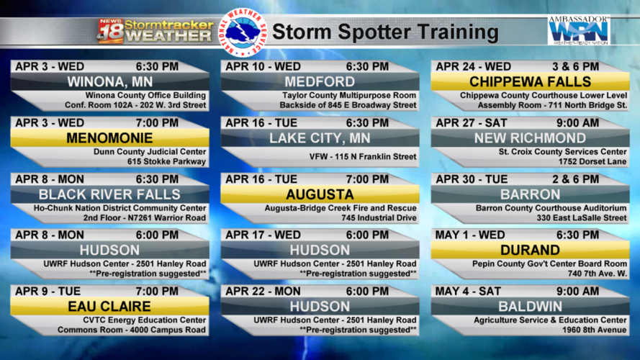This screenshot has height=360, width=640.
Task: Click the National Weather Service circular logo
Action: [245, 32]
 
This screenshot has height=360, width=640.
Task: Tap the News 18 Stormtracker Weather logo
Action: [156, 31]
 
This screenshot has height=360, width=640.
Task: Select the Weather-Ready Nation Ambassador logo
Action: [579, 30]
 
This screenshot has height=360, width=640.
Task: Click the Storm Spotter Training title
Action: [385, 32]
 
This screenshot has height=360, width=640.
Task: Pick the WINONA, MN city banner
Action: [109, 81]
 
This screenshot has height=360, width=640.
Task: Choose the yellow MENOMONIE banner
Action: [109, 138]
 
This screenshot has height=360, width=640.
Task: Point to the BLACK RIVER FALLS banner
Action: [109, 194]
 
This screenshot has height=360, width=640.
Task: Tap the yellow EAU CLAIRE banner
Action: [109, 307]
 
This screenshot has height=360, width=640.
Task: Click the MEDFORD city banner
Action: [320, 81]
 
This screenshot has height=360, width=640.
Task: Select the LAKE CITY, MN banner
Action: [320, 138]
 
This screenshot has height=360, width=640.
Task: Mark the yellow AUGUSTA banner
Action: [320, 194]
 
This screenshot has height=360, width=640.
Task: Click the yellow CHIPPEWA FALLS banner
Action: [531, 81]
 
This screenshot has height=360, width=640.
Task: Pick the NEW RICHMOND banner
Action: [531, 138]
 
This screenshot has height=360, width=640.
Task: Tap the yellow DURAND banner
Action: [531, 251]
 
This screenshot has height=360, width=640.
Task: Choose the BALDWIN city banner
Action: [531, 307]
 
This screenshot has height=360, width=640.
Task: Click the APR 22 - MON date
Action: [263, 292]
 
